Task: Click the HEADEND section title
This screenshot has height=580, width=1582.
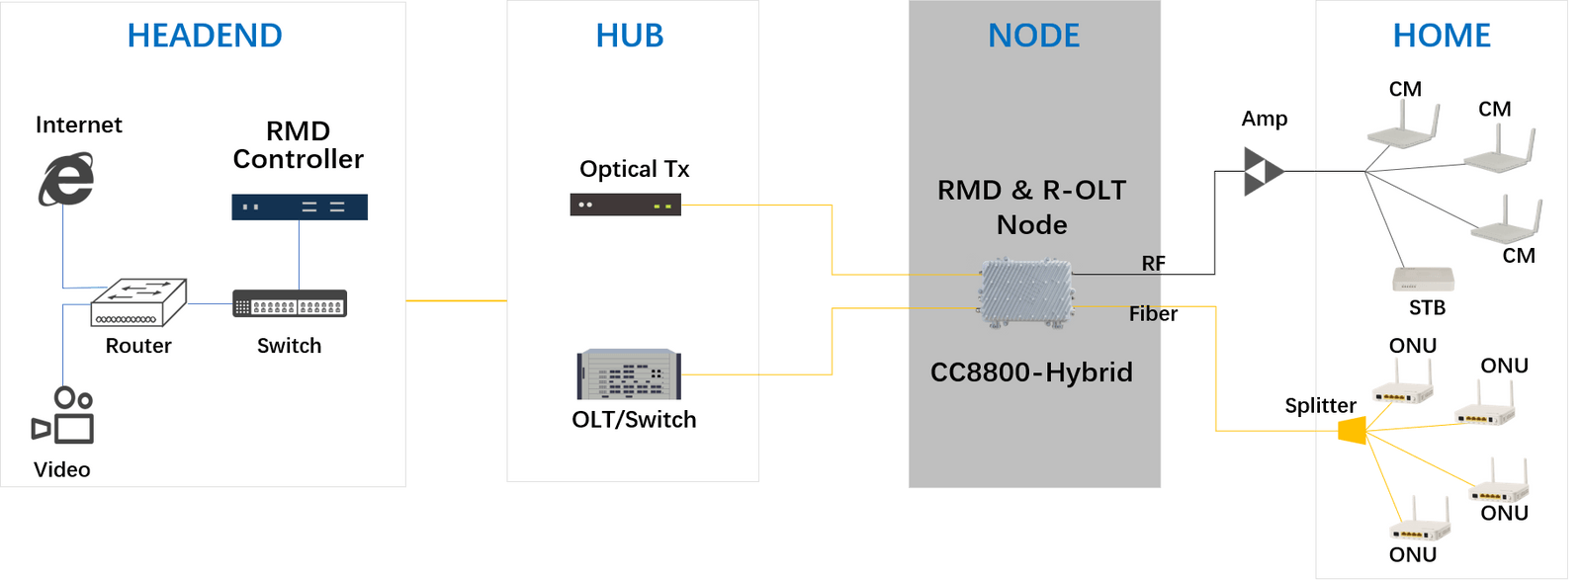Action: (205, 36)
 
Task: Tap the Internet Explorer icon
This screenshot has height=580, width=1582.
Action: (66, 179)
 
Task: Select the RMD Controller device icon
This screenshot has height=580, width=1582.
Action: (300, 207)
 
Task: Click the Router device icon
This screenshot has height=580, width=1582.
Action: (138, 302)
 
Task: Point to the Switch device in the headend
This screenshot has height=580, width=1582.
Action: (289, 303)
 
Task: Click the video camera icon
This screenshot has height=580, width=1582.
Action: (63, 416)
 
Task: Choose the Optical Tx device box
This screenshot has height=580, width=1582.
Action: (625, 205)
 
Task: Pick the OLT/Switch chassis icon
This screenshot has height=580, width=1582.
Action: (630, 374)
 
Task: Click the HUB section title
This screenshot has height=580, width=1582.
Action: (630, 36)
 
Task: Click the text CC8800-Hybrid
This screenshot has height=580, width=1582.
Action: (1031, 373)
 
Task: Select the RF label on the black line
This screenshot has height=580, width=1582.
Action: (1154, 263)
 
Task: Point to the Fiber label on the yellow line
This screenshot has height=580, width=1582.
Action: (1153, 314)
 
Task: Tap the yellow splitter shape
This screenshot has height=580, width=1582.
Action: (1353, 430)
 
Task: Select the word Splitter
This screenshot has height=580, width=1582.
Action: (1320, 405)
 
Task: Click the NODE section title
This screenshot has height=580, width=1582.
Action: (1034, 36)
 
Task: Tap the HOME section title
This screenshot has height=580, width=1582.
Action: (1442, 36)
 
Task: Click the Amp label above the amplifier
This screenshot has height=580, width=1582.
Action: (1265, 119)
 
